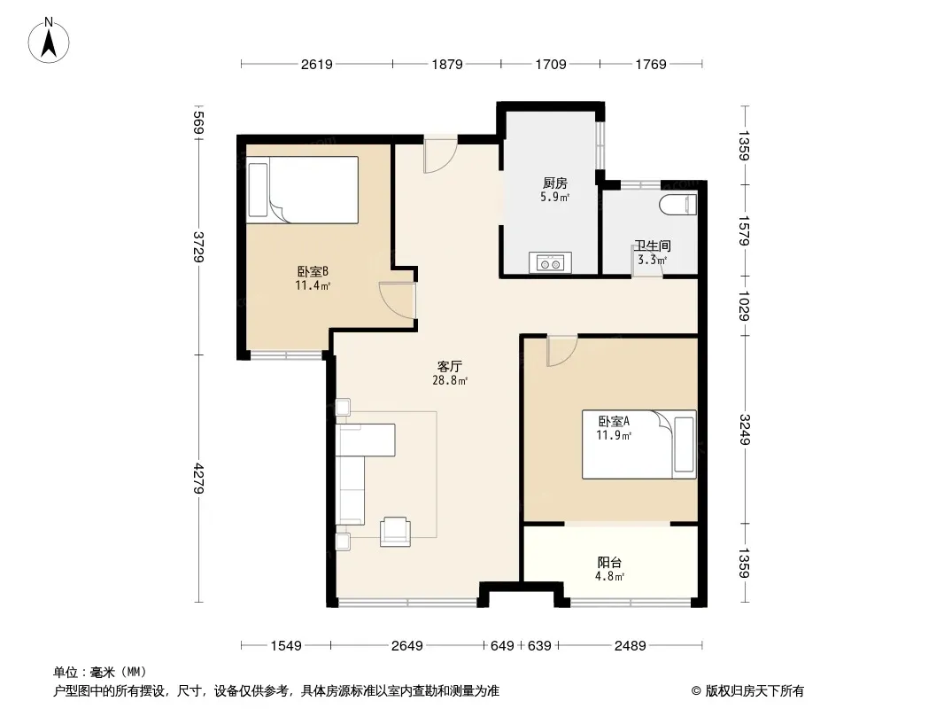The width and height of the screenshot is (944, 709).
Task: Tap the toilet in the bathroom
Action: [678, 205]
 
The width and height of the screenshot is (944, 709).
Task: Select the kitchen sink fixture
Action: [550, 262]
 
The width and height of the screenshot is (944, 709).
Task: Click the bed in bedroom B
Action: [303, 190]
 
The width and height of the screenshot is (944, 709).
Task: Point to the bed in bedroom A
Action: [638, 445]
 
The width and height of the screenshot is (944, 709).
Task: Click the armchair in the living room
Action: [396, 531]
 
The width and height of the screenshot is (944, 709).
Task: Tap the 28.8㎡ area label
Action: [450, 381]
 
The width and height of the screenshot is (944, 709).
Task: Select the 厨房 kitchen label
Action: [554, 183]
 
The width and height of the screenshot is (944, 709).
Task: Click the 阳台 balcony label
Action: [609, 563]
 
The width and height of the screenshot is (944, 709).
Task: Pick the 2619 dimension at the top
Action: [317, 64]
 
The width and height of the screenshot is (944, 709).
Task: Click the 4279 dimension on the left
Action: [198, 479]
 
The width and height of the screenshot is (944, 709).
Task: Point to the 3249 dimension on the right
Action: [745, 430]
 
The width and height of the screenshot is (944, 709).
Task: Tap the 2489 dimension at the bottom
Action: [631, 646]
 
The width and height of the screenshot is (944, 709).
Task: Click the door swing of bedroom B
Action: [398, 300]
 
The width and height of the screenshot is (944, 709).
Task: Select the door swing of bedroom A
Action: [562, 351]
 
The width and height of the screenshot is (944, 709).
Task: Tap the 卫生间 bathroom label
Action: [652, 245]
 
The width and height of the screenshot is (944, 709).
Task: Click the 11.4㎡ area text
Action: [313, 285]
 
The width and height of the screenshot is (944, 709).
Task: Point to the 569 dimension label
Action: [198, 123]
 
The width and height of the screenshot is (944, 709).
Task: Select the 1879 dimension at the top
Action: [447, 64]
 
